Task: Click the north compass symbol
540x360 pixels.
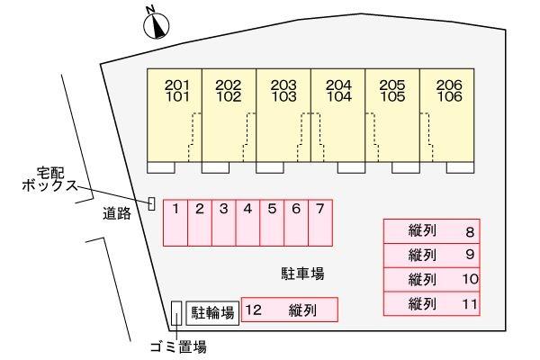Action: [x=157, y=24]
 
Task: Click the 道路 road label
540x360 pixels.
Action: [x=117, y=214]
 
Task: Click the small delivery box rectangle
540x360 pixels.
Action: [x=151, y=204]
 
